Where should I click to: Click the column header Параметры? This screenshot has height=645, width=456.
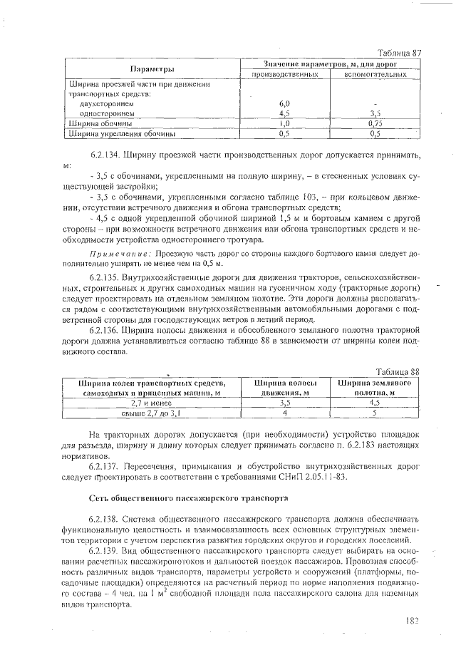(152, 69)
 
